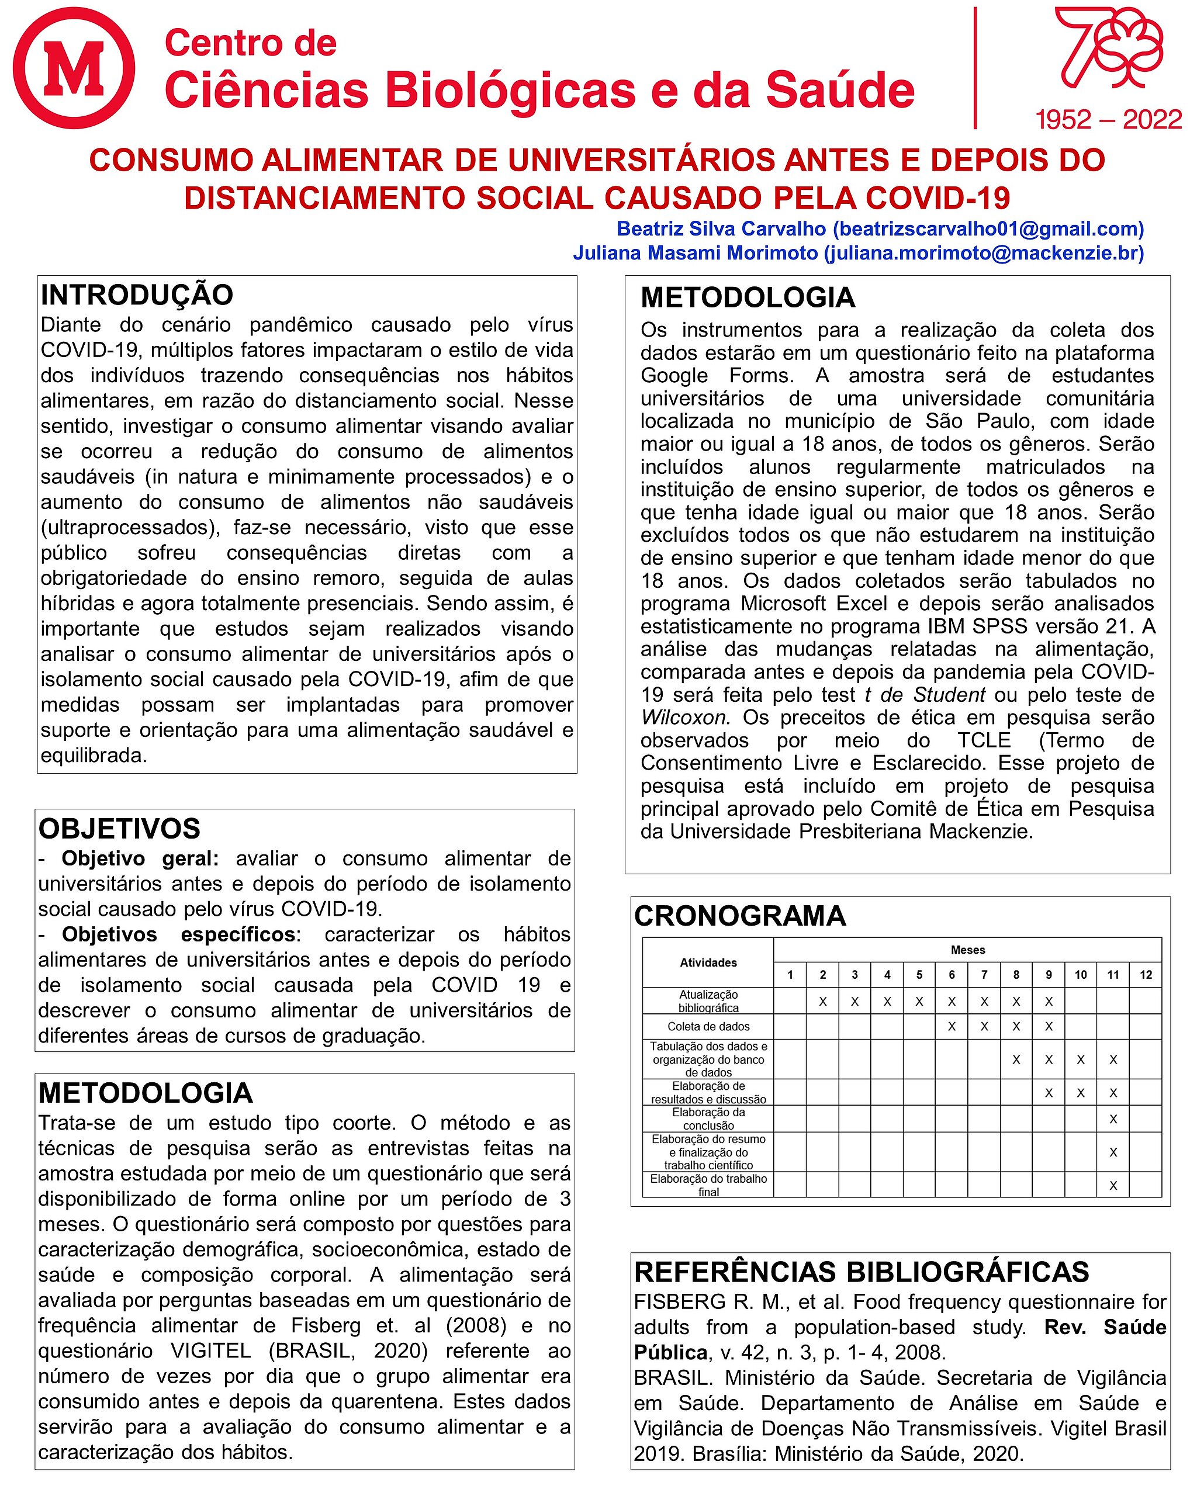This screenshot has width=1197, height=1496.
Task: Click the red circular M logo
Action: (74, 68)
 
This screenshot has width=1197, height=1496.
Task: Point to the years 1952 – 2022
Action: (1108, 120)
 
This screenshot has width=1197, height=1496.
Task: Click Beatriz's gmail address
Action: (988, 228)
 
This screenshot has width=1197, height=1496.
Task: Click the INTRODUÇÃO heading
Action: (137, 295)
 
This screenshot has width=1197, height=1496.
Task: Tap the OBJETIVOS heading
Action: (119, 829)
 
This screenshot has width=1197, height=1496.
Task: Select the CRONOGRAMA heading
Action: (740, 916)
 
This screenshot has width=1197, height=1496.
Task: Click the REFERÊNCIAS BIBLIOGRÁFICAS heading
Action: (861, 1272)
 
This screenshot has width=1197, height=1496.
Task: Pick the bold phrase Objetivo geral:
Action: (140, 858)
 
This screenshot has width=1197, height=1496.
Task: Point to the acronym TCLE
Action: (984, 740)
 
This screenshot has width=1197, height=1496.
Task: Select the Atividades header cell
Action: (708, 962)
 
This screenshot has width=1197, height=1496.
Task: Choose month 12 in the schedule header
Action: (1146, 975)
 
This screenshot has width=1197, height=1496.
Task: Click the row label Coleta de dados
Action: (708, 1026)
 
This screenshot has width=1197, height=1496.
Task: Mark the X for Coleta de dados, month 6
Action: (952, 1026)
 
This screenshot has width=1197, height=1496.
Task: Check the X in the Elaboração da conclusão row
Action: (1113, 1119)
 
